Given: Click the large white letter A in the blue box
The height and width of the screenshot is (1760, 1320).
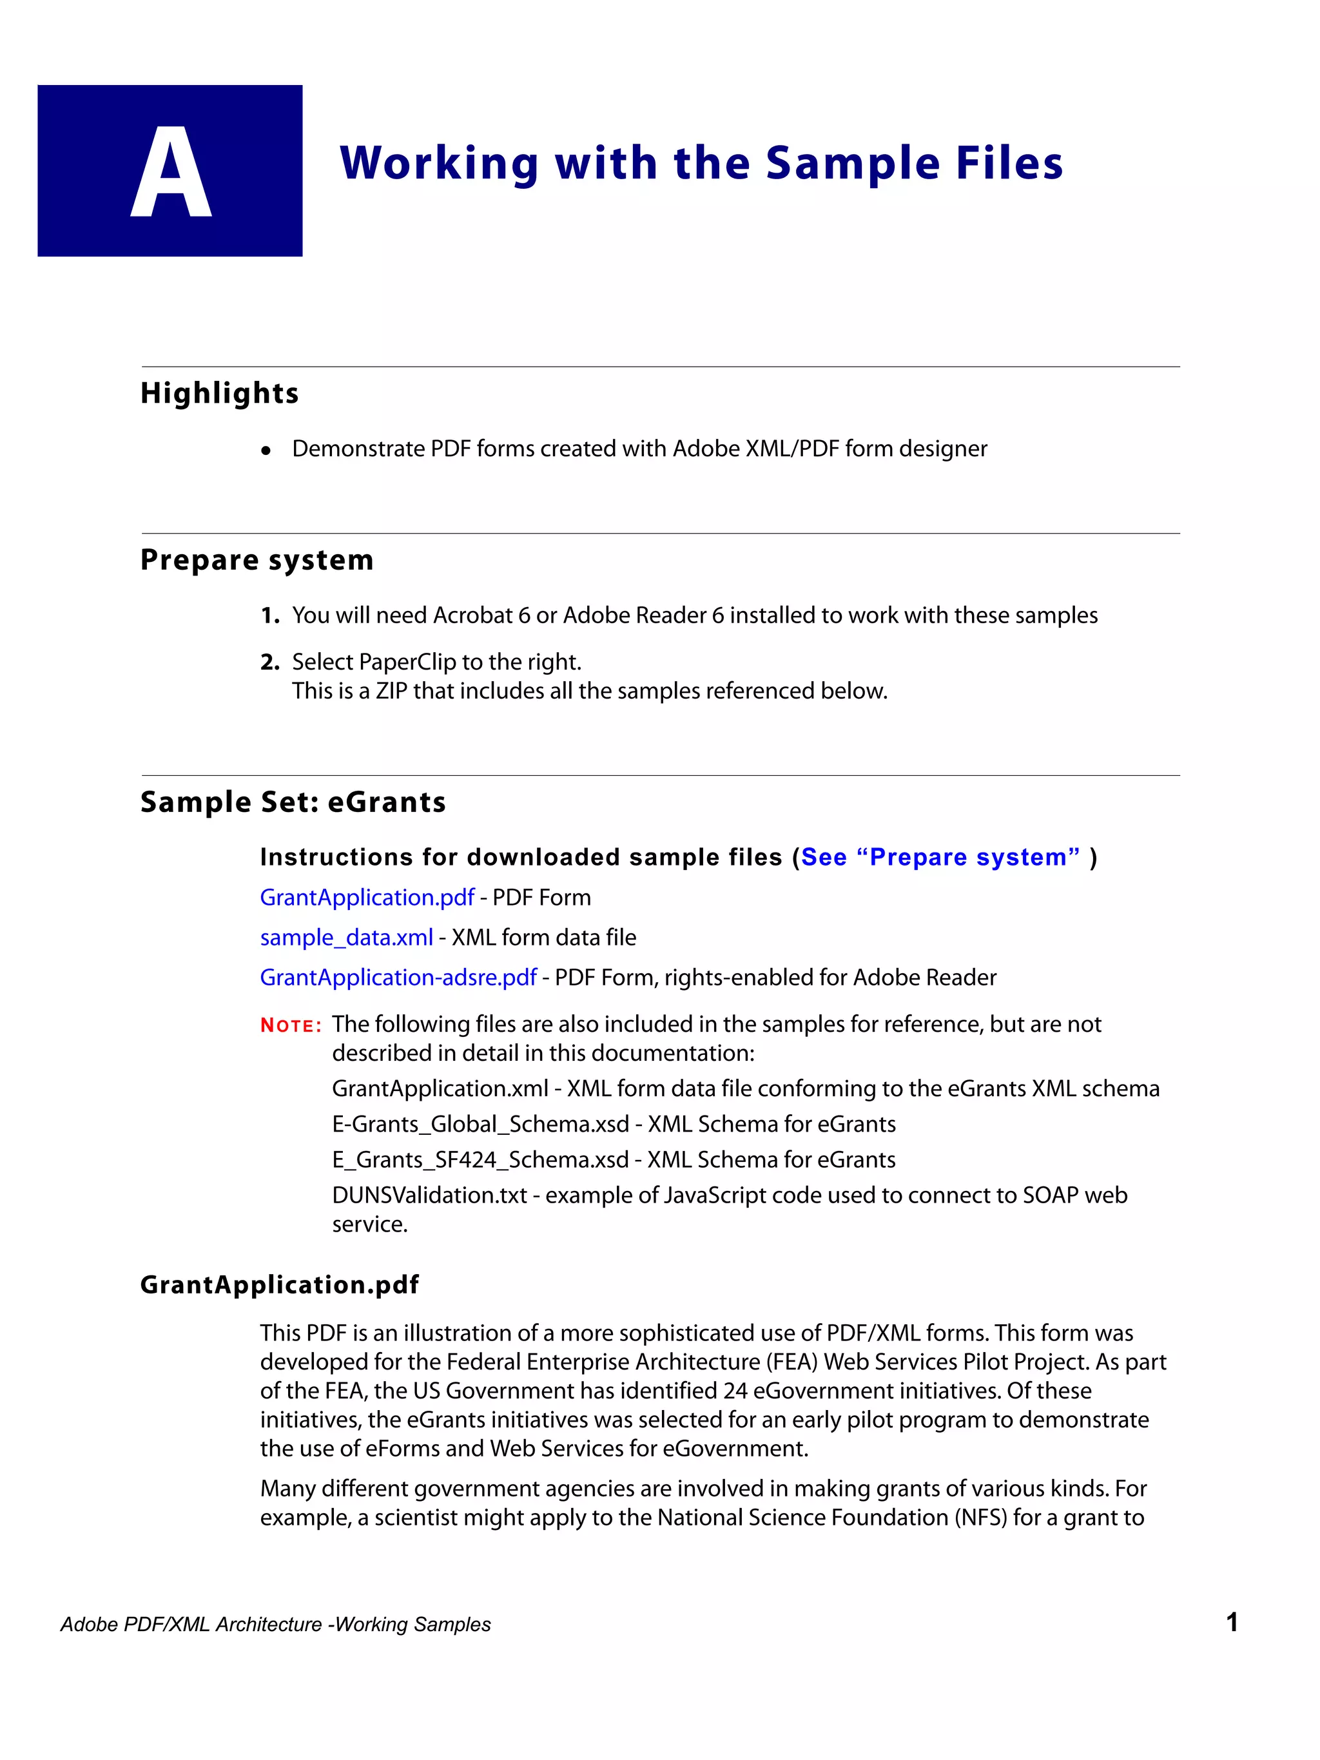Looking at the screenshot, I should pyautogui.click(x=170, y=172).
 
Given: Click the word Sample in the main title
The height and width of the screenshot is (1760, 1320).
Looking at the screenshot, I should pyautogui.click(x=853, y=163).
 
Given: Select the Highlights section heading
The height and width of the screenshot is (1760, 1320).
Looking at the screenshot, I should pyautogui.click(x=220, y=393).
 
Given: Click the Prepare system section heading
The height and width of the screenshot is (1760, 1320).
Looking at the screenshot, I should pyautogui.click(x=257, y=560).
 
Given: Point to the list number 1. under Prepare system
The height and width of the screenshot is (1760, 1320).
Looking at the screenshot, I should pyautogui.click(x=269, y=616).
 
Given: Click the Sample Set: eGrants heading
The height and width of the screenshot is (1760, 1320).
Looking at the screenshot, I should pyautogui.click(x=293, y=802).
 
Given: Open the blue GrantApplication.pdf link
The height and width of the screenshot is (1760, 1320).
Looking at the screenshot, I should pyautogui.click(x=367, y=898).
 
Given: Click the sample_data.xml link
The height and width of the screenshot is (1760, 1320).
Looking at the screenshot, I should pyautogui.click(x=346, y=937).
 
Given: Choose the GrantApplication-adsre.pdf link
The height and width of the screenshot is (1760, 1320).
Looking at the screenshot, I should pyautogui.click(x=398, y=977).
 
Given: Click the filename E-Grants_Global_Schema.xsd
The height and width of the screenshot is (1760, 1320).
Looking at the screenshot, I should pyautogui.click(x=480, y=1125).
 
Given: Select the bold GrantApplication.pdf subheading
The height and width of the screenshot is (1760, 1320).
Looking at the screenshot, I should pyautogui.click(x=279, y=1285).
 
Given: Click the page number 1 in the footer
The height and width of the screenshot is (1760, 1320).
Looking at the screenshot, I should pyautogui.click(x=1231, y=1622).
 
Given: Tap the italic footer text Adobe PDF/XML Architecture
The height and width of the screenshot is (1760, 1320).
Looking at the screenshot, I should pyautogui.click(x=191, y=1625).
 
